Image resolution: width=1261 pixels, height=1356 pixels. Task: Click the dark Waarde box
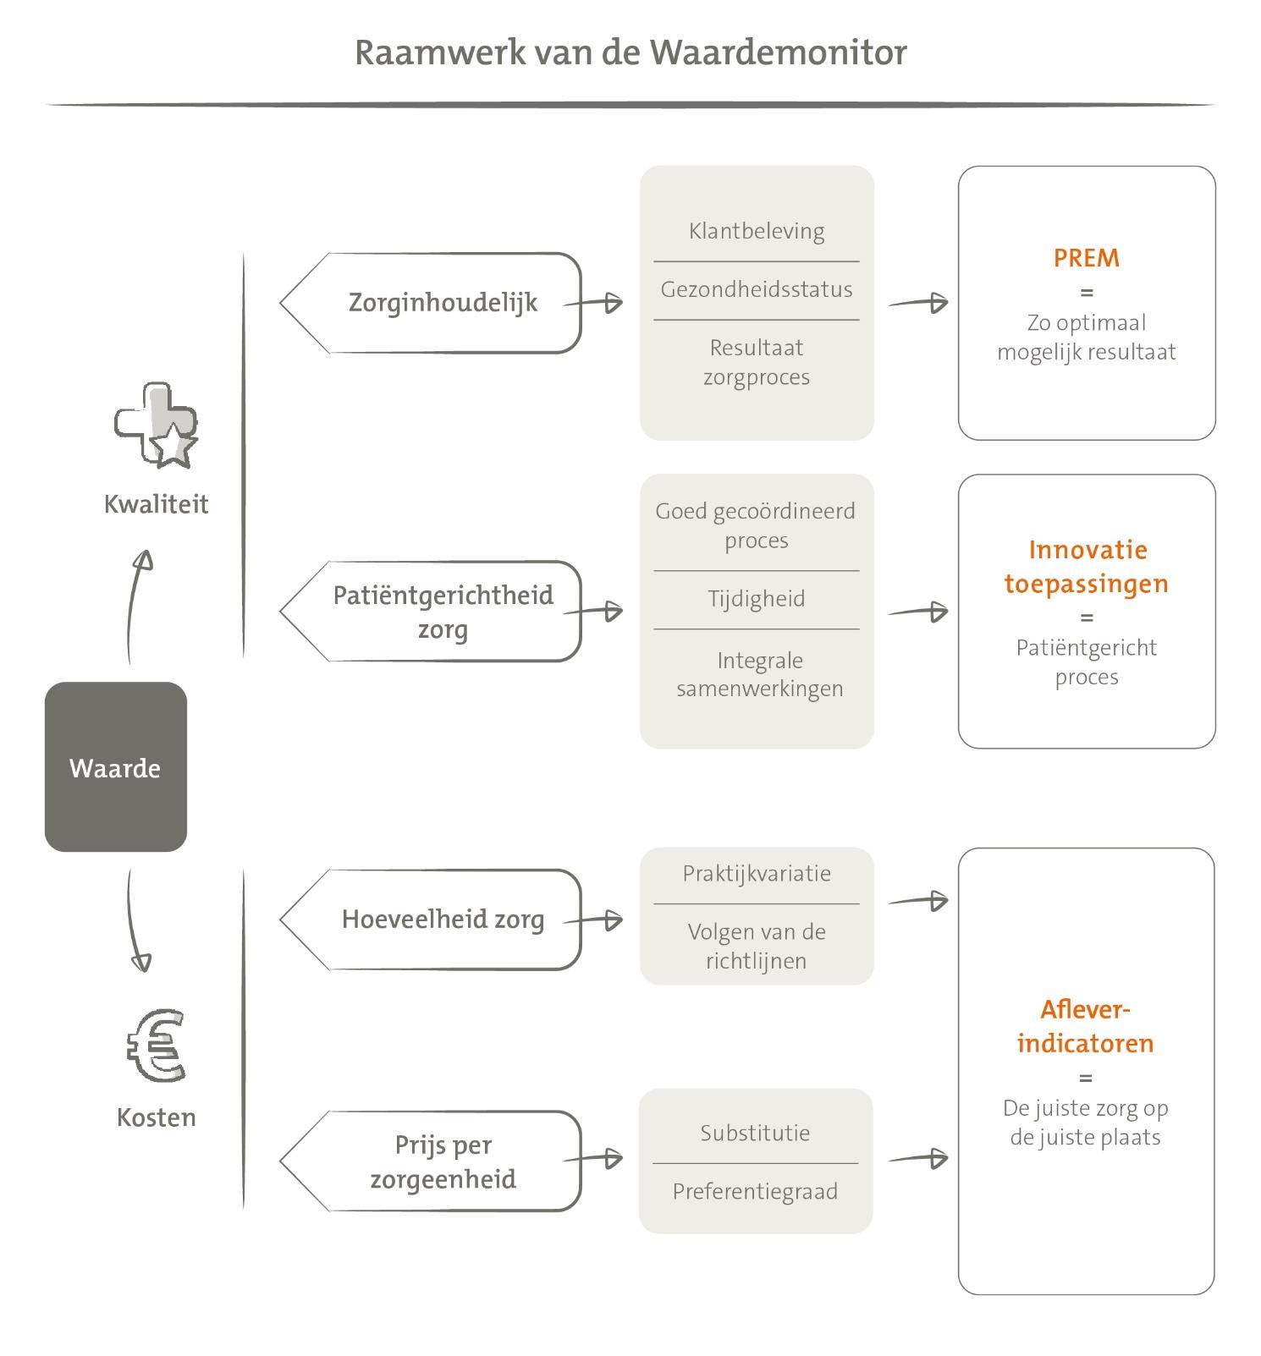116,766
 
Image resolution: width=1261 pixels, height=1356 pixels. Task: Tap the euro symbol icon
156,1046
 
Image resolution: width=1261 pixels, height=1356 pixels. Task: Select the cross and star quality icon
157,425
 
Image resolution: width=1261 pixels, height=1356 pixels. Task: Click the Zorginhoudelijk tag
431,303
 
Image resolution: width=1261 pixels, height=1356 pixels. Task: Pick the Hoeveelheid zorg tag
431,920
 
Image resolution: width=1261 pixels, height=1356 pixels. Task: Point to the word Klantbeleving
757,231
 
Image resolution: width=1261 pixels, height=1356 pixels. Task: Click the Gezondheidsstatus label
757,289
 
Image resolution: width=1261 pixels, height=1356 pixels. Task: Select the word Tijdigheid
757,599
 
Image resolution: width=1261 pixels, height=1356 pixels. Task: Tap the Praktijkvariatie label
757,873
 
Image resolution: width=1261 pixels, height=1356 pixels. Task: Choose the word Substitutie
755,1133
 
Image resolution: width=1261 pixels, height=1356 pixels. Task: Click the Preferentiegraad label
755,1191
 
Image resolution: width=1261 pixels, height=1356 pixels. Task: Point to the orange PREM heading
1087,258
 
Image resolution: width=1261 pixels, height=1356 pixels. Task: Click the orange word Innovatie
1088,550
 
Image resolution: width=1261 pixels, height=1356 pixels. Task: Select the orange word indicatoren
1086,1043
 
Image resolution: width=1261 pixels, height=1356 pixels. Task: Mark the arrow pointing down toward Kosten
135,920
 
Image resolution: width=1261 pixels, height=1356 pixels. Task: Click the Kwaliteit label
156,504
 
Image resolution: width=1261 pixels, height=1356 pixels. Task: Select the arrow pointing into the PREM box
917,303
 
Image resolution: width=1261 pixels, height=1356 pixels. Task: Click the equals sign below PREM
1087,293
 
